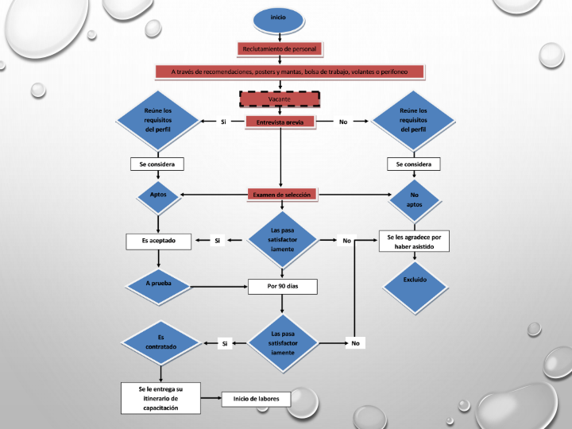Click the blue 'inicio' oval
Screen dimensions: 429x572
pos(278,17)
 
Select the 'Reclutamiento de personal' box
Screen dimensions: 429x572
pos(280,48)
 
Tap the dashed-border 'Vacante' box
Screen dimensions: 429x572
pos(280,99)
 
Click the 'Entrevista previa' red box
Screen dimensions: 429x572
pos(280,122)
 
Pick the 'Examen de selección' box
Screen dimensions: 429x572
pos(281,194)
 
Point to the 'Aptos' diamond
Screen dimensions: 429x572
pos(158,195)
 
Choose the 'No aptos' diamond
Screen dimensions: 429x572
pos(414,199)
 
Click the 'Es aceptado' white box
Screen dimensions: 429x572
pos(159,240)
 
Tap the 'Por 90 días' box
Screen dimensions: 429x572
pos(282,286)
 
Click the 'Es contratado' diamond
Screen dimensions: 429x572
pos(161,342)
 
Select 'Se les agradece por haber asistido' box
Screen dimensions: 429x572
pos(414,242)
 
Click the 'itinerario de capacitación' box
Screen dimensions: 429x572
pos(160,398)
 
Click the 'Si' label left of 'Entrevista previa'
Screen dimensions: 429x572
pos(223,122)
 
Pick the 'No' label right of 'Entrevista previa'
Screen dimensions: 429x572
pos(343,122)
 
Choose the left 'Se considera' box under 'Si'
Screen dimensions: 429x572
pos(157,164)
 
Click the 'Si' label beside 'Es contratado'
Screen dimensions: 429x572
pos(225,343)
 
